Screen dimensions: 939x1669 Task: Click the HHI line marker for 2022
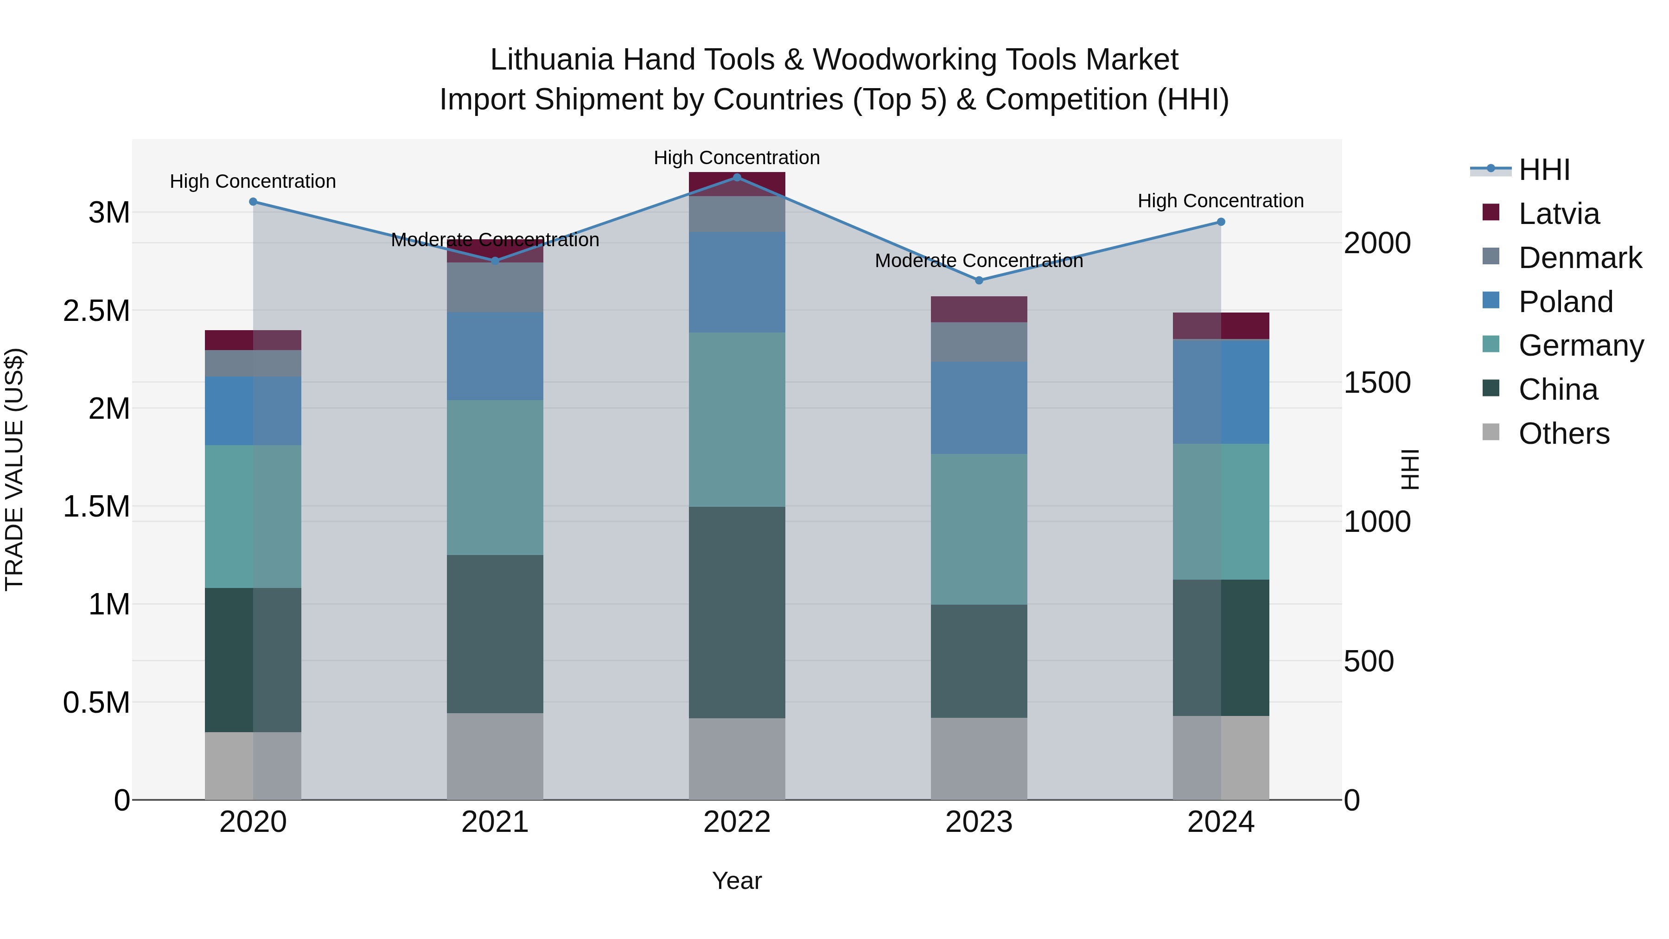(737, 177)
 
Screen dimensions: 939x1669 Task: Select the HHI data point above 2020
(253, 202)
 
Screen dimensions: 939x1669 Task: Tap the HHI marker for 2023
(979, 280)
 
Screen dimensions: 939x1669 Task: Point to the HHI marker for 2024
(1221, 222)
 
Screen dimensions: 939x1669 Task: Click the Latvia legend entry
(1558, 214)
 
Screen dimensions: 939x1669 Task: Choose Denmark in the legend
(1580, 258)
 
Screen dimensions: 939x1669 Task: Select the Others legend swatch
(1491, 432)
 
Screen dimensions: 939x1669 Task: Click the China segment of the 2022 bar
(737, 613)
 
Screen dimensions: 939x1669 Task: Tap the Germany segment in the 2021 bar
(495, 477)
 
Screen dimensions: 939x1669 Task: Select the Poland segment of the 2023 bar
(979, 408)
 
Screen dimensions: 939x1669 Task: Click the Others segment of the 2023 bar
(979, 758)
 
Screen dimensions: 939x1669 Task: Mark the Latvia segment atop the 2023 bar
(979, 309)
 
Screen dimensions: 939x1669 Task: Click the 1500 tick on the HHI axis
(1377, 383)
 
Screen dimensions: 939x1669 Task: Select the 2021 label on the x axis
(495, 822)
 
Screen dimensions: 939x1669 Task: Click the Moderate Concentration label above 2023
(979, 261)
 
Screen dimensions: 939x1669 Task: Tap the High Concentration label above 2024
(1221, 201)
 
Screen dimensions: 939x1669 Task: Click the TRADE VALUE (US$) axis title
(14, 469)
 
